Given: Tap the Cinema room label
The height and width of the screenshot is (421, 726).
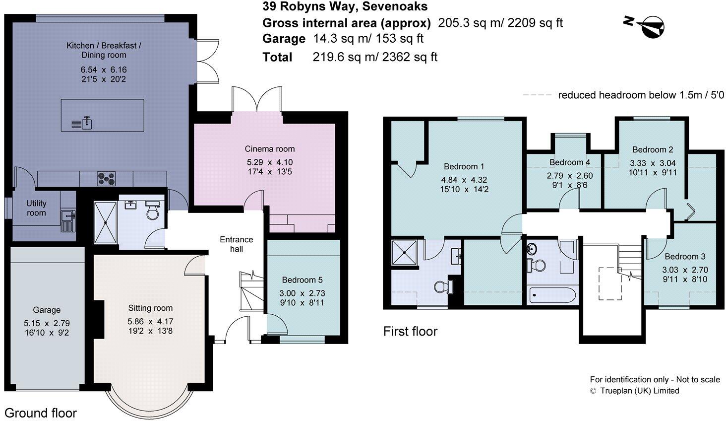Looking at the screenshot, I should [x=269, y=149].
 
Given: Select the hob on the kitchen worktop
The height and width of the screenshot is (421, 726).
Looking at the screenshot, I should [x=106, y=178].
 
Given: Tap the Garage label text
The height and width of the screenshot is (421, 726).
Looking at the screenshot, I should [x=47, y=310].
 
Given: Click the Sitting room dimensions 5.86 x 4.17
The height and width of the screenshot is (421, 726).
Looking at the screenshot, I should [x=150, y=321].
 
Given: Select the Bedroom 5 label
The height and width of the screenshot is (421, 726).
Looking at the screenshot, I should [x=302, y=280].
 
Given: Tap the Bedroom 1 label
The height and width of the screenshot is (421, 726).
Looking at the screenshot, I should [x=464, y=167].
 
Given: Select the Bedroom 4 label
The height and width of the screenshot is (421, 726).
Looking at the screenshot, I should [x=569, y=162].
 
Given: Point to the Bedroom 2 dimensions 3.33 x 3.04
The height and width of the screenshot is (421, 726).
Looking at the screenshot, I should [x=653, y=163].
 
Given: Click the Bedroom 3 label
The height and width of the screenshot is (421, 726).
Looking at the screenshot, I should [x=684, y=257].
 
